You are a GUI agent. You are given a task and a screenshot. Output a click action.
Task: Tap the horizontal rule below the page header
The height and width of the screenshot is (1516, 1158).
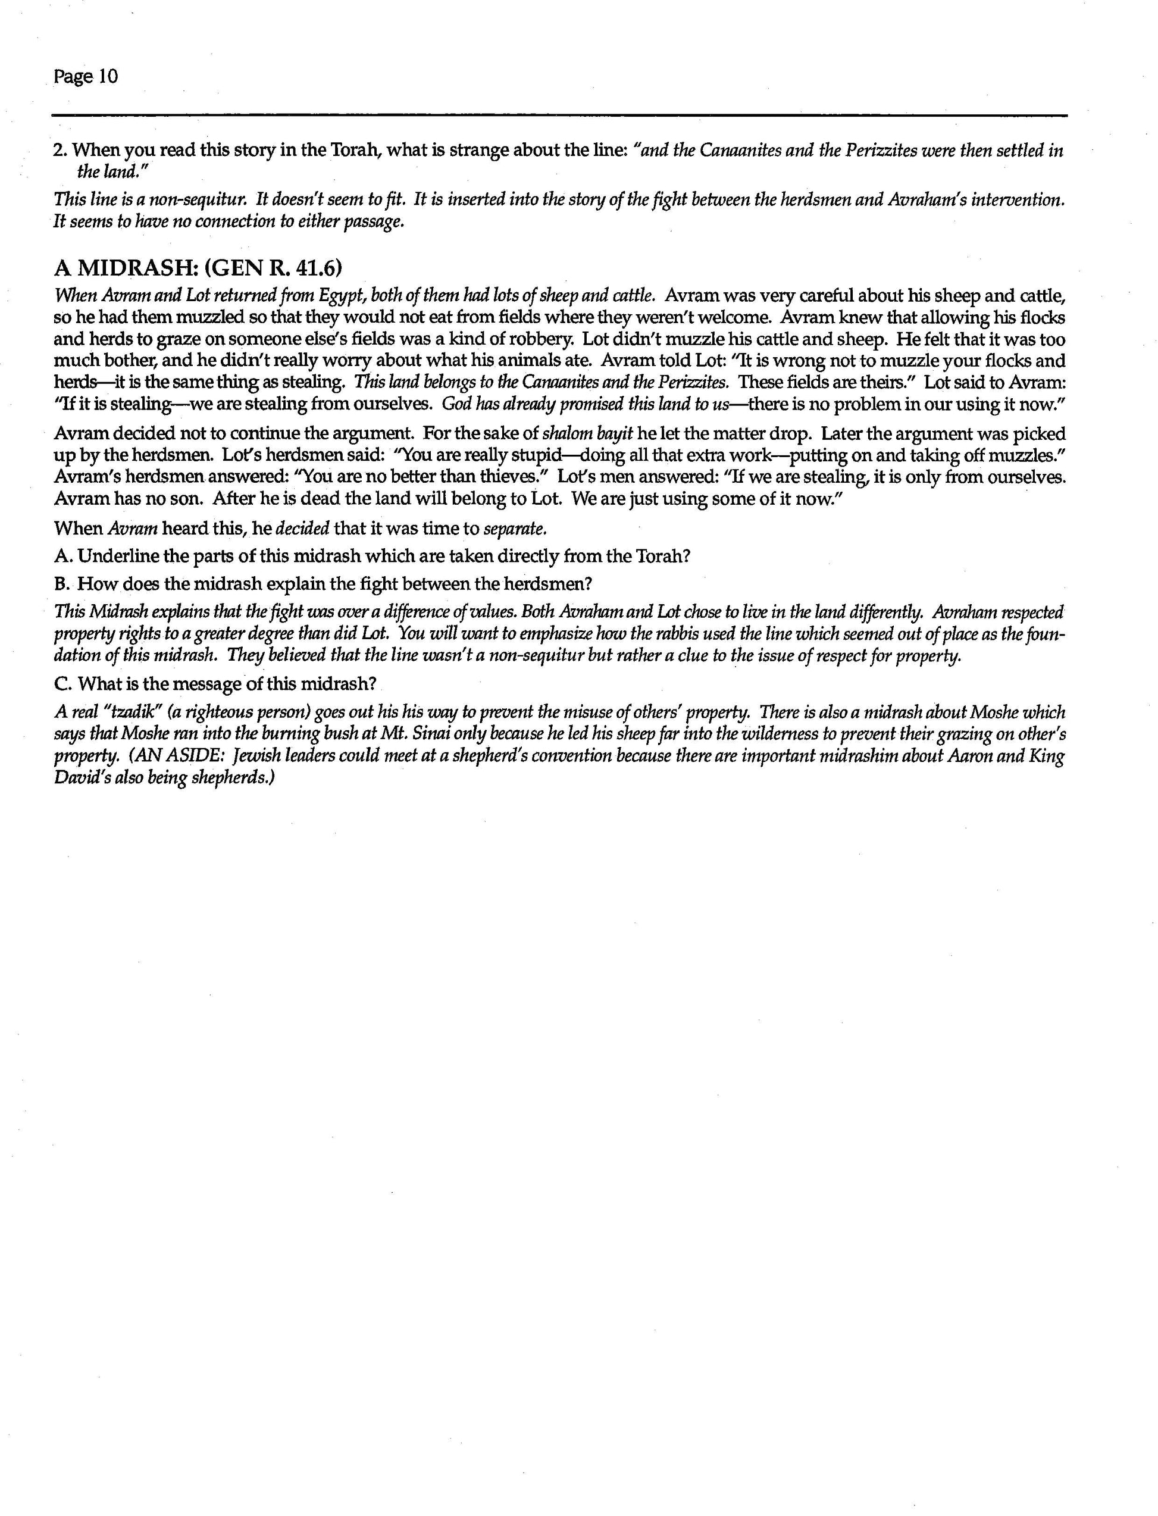560,115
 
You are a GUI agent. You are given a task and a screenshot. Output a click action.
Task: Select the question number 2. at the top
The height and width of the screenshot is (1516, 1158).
60,150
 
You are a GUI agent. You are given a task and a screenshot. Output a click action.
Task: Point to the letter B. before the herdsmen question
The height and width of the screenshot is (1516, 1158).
62,584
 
